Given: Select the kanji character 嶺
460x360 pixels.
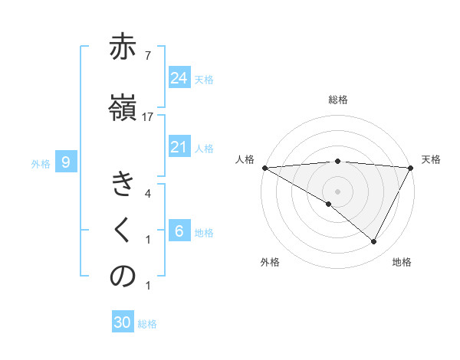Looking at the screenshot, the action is point(122,107).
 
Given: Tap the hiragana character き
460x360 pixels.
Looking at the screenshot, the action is point(122,185).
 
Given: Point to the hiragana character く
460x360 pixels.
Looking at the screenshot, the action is point(122,231).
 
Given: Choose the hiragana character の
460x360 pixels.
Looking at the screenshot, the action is point(122,277).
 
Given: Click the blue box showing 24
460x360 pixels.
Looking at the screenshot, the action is point(179,77).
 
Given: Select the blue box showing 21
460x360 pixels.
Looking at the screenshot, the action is point(179,147).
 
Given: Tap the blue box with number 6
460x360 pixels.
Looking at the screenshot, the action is point(179,231).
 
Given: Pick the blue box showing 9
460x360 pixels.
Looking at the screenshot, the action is point(66,162).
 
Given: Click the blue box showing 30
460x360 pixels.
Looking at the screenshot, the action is point(123,322).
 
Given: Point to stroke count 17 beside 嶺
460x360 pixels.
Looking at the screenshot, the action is point(148,116).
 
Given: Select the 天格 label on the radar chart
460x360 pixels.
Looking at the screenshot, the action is point(431,159).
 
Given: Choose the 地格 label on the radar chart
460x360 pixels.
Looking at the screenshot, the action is point(402,262).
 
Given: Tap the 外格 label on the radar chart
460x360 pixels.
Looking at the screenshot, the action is point(270,262).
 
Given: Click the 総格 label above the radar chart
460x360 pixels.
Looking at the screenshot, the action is point(337,100).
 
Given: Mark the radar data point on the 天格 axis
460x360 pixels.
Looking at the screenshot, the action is point(412,167).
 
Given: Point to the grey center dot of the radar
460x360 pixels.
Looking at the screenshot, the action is point(337,191).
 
